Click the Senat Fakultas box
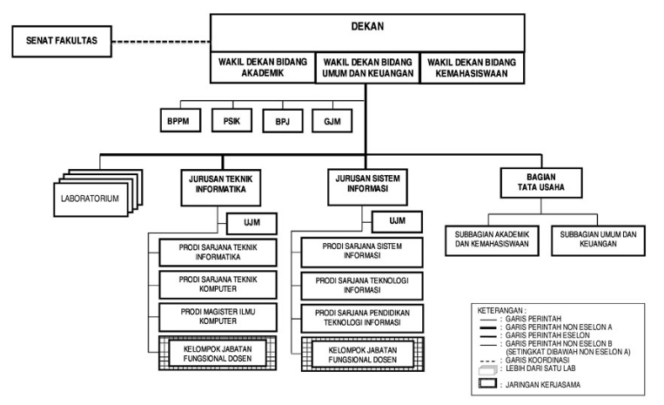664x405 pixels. (62, 41)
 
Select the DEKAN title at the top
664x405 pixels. (367, 26)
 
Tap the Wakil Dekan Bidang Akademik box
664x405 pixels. (263, 67)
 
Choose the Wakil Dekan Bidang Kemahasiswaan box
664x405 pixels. (472, 68)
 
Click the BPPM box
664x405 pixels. (180, 121)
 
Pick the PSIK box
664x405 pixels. (231, 120)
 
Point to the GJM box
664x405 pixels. (332, 121)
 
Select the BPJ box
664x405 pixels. (283, 121)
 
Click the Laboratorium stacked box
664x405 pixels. (91, 199)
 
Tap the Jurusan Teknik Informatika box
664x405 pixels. (221, 187)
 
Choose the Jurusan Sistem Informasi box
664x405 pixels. (367, 187)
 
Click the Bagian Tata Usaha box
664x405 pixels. (541, 183)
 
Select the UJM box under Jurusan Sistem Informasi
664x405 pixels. (397, 221)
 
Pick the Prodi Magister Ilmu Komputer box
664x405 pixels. (218, 317)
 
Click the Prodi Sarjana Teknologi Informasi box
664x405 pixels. (362, 286)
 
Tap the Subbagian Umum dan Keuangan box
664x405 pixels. (598, 240)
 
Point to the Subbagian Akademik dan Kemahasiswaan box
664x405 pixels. (492, 240)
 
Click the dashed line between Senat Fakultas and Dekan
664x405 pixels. (161, 42)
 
